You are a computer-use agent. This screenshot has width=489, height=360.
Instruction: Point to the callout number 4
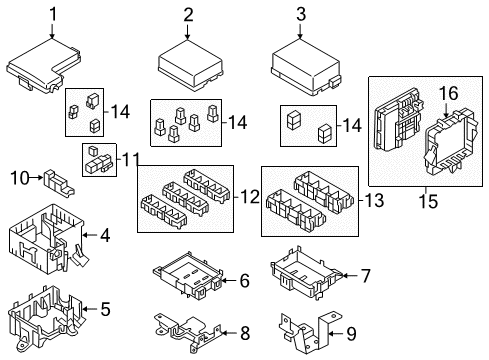[x=104, y=236]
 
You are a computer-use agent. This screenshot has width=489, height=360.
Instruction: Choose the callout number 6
[x=243, y=282]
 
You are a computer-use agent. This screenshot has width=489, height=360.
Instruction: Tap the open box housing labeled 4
[x=48, y=238]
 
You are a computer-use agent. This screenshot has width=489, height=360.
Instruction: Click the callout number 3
[x=300, y=13]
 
